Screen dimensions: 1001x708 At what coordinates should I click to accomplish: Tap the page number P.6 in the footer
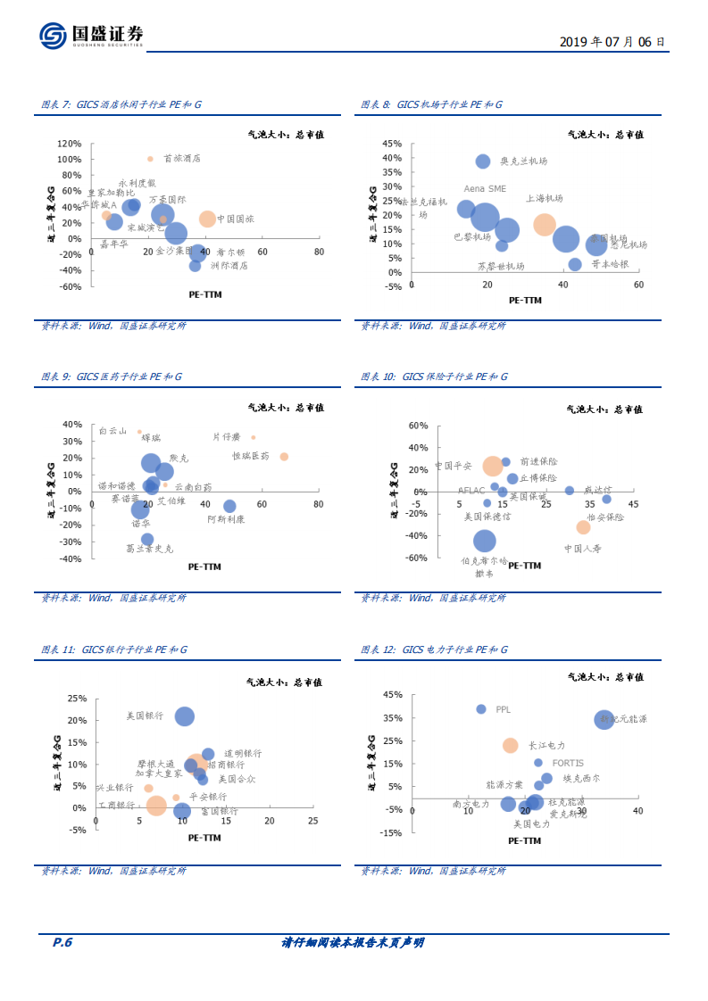click(x=62, y=942)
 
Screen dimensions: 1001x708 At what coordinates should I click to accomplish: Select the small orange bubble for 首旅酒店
click(x=150, y=159)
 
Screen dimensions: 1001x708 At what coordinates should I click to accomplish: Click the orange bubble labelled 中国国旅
click(x=207, y=219)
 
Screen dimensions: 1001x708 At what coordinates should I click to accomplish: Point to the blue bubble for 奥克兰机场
click(x=483, y=161)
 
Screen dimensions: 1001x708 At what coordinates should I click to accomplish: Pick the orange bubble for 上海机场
click(x=545, y=224)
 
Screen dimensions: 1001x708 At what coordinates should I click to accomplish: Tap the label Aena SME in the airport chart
click(x=485, y=188)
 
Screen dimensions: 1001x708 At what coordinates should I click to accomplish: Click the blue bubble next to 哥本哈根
click(x=575, y=264)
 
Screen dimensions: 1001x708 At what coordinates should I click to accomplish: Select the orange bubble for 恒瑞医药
click(x=284, y=457)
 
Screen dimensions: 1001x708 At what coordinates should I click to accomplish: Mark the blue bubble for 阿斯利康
click(x=229, y=506)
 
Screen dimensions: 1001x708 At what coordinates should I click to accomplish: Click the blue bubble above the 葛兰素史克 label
click(x=147, y=540)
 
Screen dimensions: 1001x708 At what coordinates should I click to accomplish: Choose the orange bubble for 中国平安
click(x=493, y=466)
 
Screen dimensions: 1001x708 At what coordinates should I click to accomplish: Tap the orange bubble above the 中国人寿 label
click(x=583, y=527)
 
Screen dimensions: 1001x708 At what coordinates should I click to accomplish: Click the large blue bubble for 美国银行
click(x=185, y=716)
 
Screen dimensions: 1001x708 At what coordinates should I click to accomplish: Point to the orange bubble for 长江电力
click(x=510, y=745)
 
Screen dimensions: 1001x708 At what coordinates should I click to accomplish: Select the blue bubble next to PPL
click(x=481, y=709)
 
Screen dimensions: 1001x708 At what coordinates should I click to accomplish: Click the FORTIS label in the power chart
click(x=568, y=763)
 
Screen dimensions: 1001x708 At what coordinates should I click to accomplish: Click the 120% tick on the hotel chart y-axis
click(x=70, y=143)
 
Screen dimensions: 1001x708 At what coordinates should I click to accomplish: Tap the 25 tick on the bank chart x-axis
click(x=312, y=821)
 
